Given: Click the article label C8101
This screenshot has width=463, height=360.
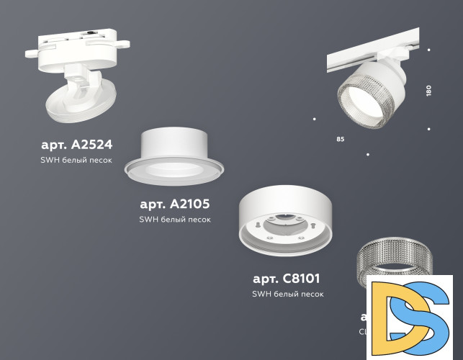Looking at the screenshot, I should pos(286,278).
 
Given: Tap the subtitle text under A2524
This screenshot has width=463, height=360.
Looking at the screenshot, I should pos(76,160).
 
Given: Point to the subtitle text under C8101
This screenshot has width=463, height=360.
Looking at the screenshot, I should pos(288,294).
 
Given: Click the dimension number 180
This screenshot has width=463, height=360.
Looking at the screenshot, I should pos(428,91).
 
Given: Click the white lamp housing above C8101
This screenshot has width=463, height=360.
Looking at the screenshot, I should pos(287,209).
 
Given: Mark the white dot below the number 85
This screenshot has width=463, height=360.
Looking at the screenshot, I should pos(368,154).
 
